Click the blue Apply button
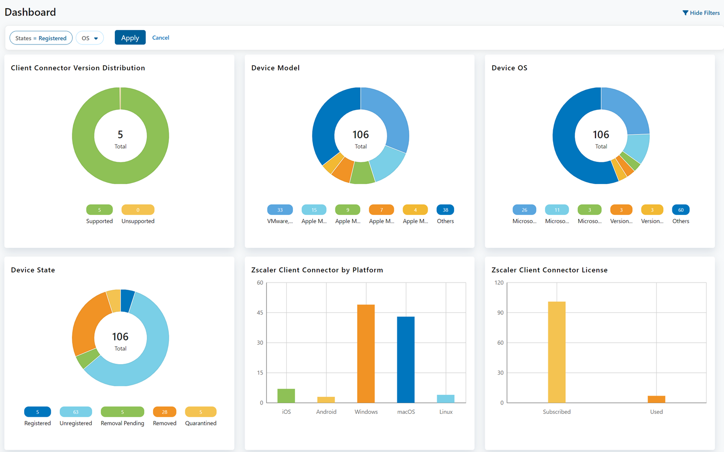pos(130,38)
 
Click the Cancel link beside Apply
pos(160,38)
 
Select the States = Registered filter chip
pos(41,38)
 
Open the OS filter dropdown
pos(90,38)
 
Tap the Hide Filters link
pos(701,13)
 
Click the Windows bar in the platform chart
pos(366,353)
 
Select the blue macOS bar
pos(405,360)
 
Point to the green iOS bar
pos(286,395)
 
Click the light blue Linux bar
pos(446,399)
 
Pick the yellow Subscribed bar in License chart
pos(557,352)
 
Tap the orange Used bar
pos(656,399)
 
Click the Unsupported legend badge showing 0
pos(138,210)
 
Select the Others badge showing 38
pos(445,210)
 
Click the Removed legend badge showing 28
pos(165,412)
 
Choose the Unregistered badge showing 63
pos(76,412)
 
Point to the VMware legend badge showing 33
pos(280,210)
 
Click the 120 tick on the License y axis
pos(499,282)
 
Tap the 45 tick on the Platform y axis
pos(260,312)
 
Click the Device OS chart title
pos(509,68)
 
